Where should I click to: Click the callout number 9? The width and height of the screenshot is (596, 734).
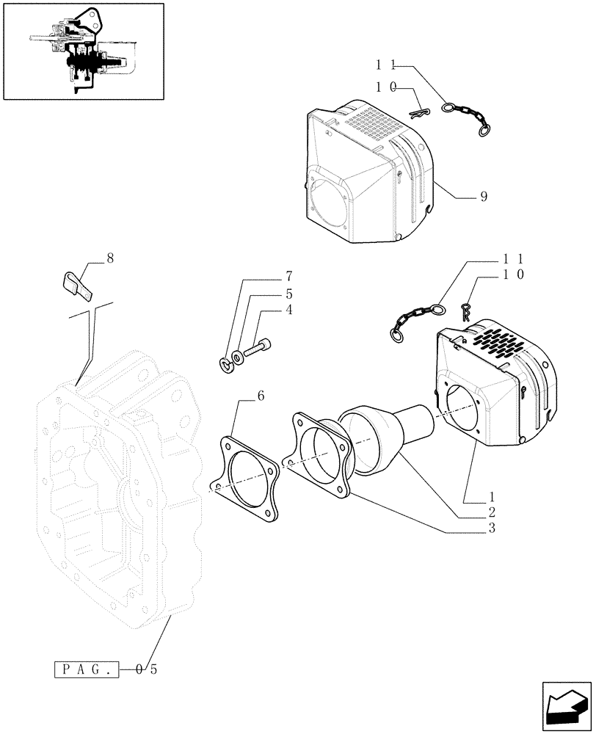click(x=484, y=197)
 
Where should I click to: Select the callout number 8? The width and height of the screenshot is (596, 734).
click(x=110, y=258)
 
